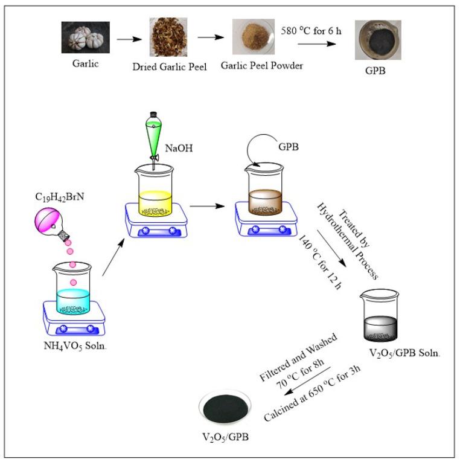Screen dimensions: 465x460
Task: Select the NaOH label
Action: (178, 147)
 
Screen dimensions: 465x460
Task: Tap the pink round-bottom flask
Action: (52, 219)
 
